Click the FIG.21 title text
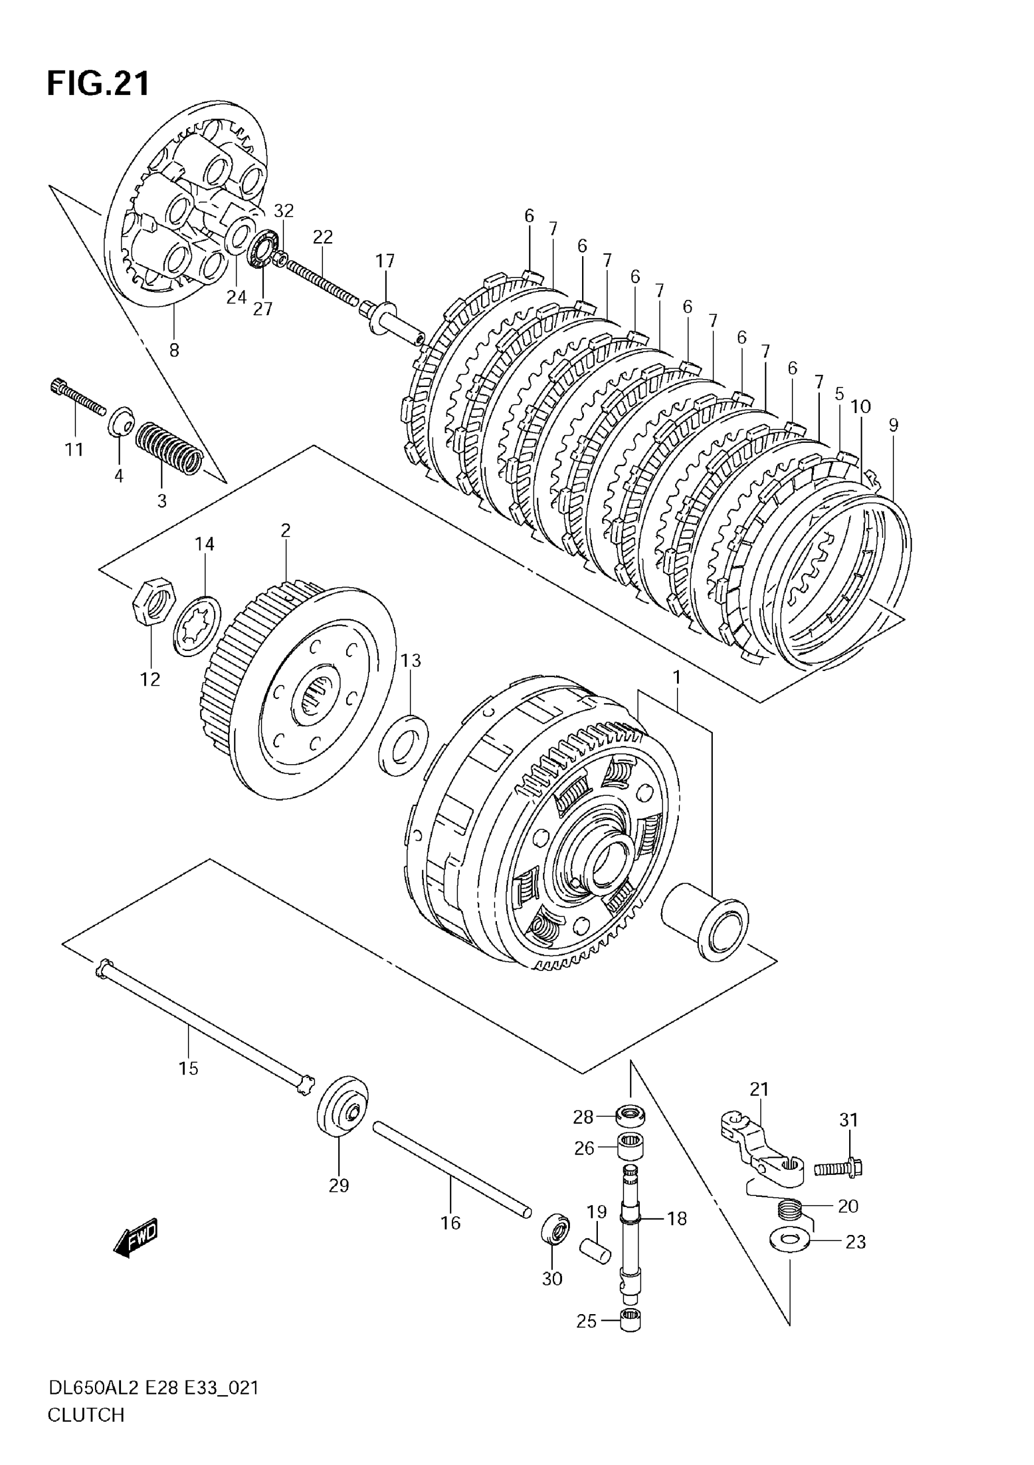pos(99,83)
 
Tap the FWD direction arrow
pos(136,1239)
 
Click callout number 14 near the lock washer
pos(205,544)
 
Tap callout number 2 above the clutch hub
pos(285,531)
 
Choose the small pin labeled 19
pos(595,1250)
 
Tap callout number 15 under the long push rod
pos(188,1068)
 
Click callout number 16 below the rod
pos(450,1222)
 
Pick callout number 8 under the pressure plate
pos(174,350)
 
